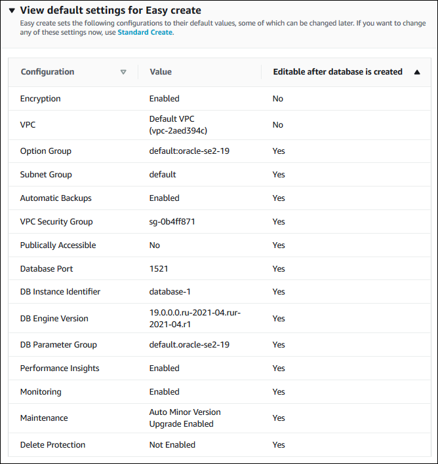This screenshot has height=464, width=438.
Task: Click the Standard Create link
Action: (x=145, y=31)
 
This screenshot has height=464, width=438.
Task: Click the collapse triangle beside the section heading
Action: (x=12, y=11)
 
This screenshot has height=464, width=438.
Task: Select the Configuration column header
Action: (x=47, y=72)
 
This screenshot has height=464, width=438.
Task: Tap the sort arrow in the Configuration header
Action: (x=123, y=72)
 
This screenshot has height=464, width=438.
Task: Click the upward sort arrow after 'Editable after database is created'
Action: (x=417, y=72)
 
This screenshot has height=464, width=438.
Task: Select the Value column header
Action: (x=161, y=72)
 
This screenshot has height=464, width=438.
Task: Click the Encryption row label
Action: (x=41, y=99)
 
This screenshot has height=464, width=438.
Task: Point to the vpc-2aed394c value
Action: (x=178, y=130)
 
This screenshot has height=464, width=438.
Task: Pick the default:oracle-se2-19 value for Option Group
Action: (x=189, y=151)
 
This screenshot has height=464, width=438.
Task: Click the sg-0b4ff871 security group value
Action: (x=172, y=222)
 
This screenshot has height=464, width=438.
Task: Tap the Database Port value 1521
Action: (x=159, y=269)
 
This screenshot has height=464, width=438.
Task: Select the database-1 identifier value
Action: (x=170, y=292)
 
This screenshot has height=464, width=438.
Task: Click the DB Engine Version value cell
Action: (x=195, y=319)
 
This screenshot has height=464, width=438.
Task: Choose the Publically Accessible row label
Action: (x=58, y=245)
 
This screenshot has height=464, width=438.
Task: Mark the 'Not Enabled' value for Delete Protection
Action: (x=172, y=445)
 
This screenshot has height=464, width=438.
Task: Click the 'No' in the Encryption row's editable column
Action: (x=278, y=99)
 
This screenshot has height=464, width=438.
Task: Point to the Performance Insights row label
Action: (x=60, y=368)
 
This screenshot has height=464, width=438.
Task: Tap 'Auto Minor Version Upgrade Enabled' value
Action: (x=185, y=418)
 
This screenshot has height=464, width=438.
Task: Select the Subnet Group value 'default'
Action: (x=163, y=175)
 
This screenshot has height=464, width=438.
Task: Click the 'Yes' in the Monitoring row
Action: (x=279, y=392)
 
